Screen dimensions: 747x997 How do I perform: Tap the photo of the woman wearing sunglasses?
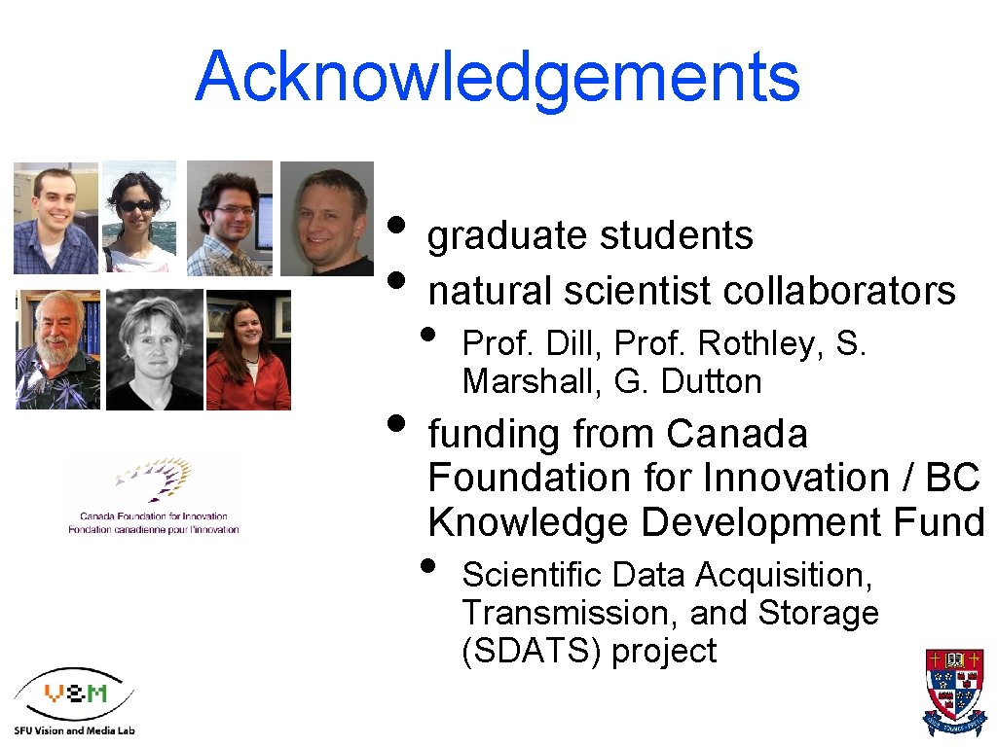pos(139,217)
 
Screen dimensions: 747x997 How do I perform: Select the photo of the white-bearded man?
pos(57,349)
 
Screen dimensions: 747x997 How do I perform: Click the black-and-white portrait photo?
pos(154,349)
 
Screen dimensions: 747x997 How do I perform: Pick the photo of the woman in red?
pos(248,350)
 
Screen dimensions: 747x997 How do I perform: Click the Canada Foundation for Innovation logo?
pos(153,496)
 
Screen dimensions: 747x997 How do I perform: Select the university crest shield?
pos(954,691)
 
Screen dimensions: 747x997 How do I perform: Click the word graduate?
pos(509,235)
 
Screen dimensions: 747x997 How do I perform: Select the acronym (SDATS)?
pos(532,651)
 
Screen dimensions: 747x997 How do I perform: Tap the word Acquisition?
pos(788,575)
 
